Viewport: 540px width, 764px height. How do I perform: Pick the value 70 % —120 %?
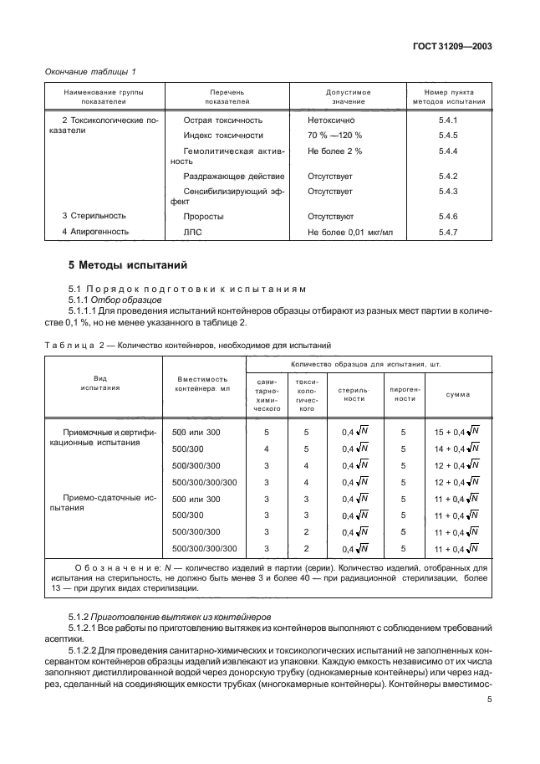coord(334,136)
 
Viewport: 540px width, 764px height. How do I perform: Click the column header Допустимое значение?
coord(349,97)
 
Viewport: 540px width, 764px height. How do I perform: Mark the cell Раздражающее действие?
coord(233,177)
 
